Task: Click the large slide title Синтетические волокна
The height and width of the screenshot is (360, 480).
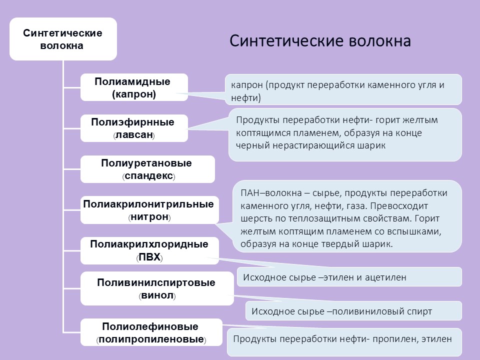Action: coord(320,41)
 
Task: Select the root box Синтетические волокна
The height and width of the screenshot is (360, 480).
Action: coord(63,39)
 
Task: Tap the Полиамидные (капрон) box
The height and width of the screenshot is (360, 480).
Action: coord(134,87)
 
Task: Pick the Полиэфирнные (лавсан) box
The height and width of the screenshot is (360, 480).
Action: coord(134,128)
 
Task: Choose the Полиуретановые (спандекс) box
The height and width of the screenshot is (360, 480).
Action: coord(147,169)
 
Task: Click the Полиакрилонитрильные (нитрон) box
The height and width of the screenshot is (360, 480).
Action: coord(149,210)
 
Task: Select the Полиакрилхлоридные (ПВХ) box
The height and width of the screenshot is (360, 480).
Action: coord(149,250)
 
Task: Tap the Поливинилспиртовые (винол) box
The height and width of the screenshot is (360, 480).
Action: coord(157,288)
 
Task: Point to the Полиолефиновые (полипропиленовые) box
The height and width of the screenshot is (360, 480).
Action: coord(151,332)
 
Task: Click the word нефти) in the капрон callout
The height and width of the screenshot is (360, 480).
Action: coord(246,98)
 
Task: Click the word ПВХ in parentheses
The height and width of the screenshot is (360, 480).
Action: coord(149,257)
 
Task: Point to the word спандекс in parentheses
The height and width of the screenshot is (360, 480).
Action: coord(149,176)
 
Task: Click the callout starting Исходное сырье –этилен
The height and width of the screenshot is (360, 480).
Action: coord(349,277)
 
